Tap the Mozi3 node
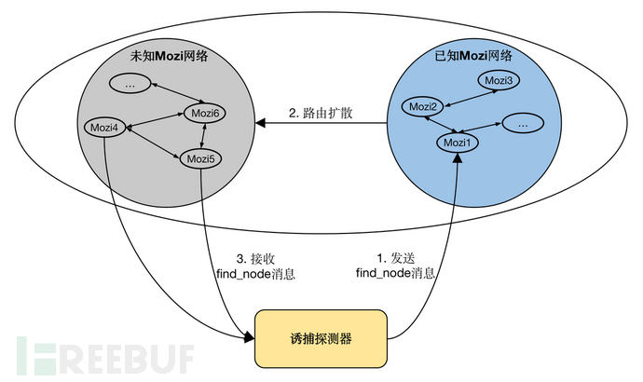[x=499, y=80]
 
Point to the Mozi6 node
[x=207, y=114]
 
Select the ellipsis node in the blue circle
[x=523, y=122]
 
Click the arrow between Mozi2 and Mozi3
[x=461, y=93]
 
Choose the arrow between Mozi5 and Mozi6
[x=205, y=136]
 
